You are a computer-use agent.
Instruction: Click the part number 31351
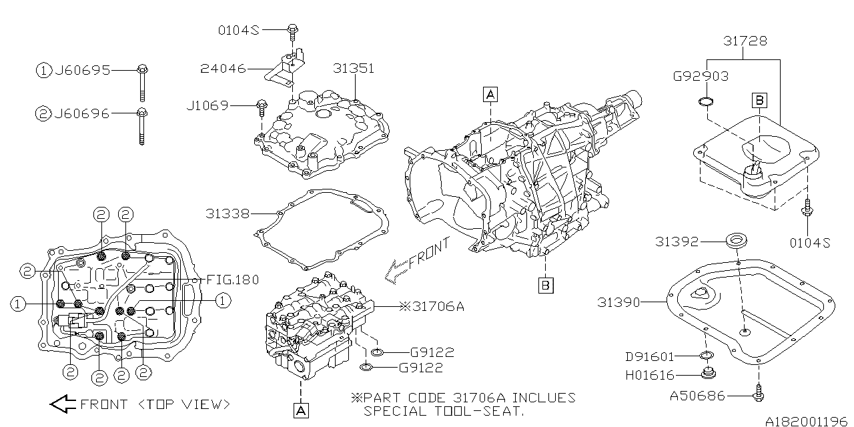pyautogui.click(x=354, y=69)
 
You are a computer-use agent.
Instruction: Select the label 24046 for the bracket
pyautogui.click(x=224, y=69)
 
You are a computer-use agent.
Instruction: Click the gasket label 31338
pyautogui.click(x=228, y=214)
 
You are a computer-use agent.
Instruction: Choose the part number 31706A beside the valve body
pyautogui.click(x=432, y=306)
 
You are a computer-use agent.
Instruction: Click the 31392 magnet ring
pyautogui.click(x=735, y=241)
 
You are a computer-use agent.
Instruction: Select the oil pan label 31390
pyautogui.click(x=618, y=303)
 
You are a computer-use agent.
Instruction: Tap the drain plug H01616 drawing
pyautogui.click(x=709, y=373)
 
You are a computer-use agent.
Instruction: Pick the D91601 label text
pyautogui.click(x=650, y=357)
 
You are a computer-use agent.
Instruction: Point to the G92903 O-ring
pyautogui.click(x=706, y=102)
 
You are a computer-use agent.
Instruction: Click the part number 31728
pyautogui.click(x=745, y=41)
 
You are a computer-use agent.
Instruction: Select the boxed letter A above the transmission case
pyautogui.click(x=490, y=94)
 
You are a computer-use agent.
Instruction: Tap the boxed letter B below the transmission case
pyautogui.click(x=546, y=285)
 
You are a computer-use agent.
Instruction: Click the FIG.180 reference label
pyautogui.click(x=233, y=280)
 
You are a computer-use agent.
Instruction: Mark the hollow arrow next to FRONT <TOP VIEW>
pyautogui.click(x=63, y=404)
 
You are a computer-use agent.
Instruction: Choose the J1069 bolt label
pyautogui.click(x=207, y=105)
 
